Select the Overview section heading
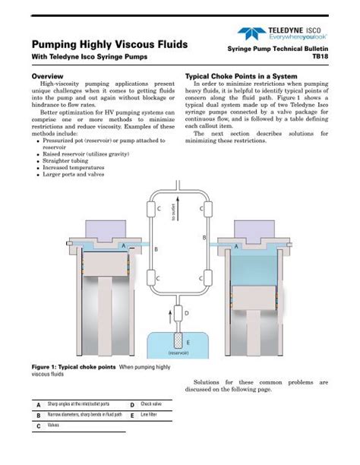47,77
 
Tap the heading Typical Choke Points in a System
244,77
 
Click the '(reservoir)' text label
179,353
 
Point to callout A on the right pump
236,246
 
